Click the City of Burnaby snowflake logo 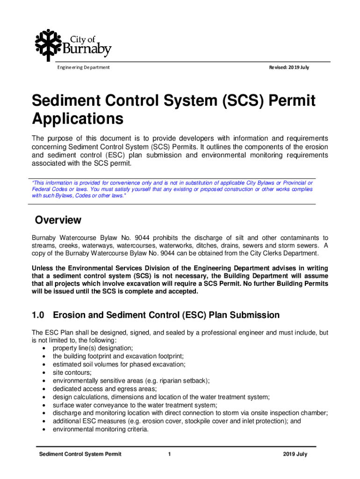tap(48, 43)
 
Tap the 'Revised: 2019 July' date tap(288, 67)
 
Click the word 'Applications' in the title tap(77, 119)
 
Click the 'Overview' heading tap(58, 220)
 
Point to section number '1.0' tap(39, 315)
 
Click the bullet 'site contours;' tap(72, 372)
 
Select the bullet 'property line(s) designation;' tap(93, 348)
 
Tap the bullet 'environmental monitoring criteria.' tap(101, 429)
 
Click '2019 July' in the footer tap(295, 454)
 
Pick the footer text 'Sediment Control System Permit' tap(80, 454)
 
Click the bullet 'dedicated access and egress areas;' tap(105, 389)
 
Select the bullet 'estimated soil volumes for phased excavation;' tap(119, 364)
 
